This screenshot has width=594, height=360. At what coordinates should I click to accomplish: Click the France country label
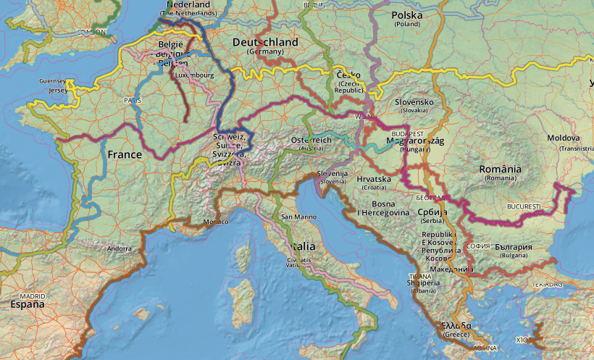(x=125, y=154)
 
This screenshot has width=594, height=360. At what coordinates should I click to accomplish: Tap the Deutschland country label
(x=265, y=43)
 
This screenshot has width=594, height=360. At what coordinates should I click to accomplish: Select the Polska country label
(x=406, y=15)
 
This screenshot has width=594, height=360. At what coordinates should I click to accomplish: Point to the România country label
(x=500, y=169)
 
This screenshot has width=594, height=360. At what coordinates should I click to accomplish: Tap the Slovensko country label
(x=414, y=102)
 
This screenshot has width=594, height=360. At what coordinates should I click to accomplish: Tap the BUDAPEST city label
(x=406, y=134)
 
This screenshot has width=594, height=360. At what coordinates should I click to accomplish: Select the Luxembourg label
(x=194, y=75)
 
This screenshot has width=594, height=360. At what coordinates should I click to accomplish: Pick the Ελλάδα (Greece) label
(x=456, y=325)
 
